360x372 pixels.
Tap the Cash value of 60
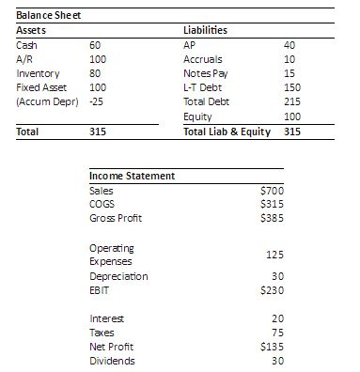[x=95, y=45]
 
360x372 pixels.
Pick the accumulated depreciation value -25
[x=97, y=100]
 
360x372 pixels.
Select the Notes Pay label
[x=206, y=72]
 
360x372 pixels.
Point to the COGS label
[x=102, y=204]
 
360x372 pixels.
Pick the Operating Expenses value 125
[x=274, y=254]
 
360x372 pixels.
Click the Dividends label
[x=111, y=360]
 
